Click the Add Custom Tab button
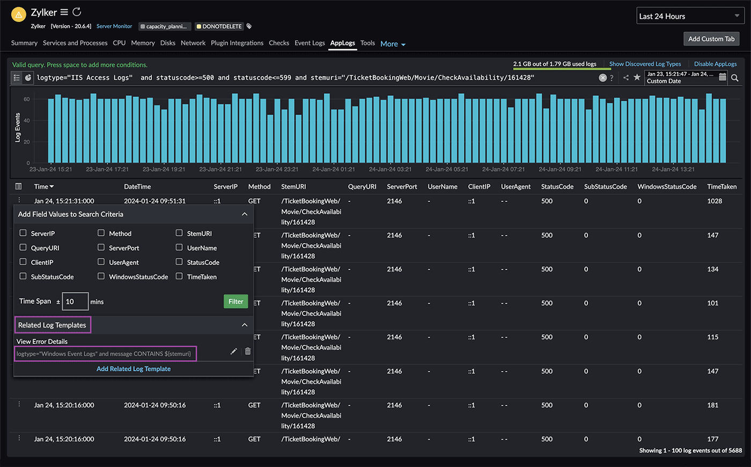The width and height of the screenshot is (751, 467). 711,39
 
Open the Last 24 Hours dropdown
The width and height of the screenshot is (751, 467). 689,16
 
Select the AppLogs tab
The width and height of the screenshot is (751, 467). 342,43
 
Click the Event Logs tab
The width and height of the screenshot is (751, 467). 310,43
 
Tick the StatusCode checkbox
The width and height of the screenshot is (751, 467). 179,262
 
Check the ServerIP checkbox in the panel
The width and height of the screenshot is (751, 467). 23,233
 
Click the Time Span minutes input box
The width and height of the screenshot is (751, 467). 75,302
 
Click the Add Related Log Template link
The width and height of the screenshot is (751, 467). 134,369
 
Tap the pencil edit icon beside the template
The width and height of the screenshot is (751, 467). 233,351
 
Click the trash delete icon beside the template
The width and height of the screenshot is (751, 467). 248,351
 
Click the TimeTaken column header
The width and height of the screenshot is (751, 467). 721,186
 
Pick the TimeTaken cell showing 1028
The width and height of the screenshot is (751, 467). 715,201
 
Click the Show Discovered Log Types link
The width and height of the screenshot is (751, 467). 645,64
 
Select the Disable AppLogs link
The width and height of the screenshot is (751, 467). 715,64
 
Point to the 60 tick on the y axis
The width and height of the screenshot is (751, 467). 27,99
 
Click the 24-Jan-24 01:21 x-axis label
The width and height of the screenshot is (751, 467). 334,169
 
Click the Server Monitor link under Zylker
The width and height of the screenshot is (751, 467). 114,26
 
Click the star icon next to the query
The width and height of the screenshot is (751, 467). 637,78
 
